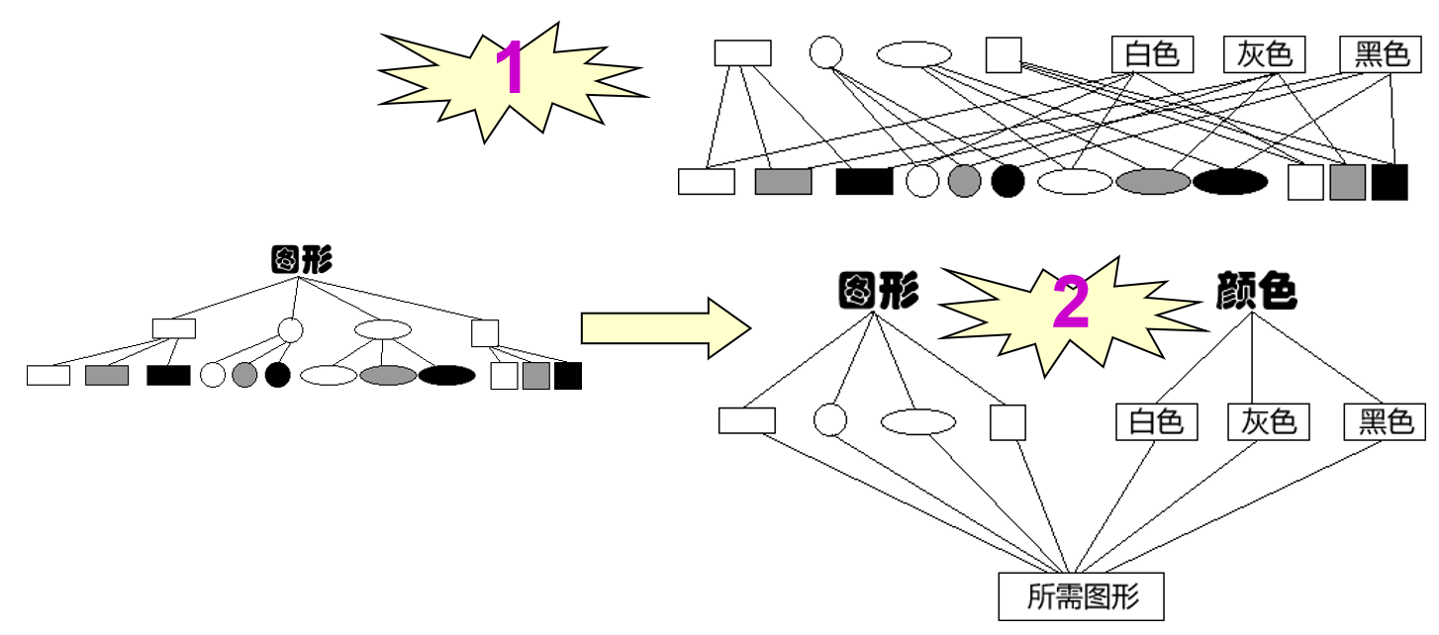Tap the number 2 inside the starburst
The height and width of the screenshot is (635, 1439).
click(x=1070, y=306)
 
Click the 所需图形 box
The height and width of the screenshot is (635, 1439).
click(x=1081, y=596)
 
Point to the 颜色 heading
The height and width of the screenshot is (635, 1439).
click(x=1256, y=292)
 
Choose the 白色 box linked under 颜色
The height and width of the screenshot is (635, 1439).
click(x=1156, y=422)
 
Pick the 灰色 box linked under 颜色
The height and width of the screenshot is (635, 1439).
click(x=1268, y=422)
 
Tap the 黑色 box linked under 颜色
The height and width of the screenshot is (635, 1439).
click(x=1385, y=422)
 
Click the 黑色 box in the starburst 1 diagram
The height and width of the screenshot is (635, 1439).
click(x=1382, y=53)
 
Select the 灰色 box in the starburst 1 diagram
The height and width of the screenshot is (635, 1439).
click(x=1265, y=53)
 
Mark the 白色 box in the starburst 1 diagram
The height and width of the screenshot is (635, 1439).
click(x=1153, y=53)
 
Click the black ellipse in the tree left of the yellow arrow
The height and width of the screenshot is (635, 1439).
click(x=446, y=376)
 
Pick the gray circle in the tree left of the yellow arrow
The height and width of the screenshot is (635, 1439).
click(x=244, y=376)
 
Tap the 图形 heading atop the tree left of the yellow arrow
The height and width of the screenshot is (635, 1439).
click(x=301, y=260)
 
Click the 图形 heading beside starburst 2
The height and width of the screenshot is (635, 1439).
click(x=878, y=292)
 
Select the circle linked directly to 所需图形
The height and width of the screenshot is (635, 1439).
click(x=830, y=420)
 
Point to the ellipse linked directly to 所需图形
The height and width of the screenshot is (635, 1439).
click(x=917, y=422)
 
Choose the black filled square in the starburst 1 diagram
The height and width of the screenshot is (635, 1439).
click(x=1389, y=182)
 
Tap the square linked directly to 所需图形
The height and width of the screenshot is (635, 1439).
click(x=1007, y=422)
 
